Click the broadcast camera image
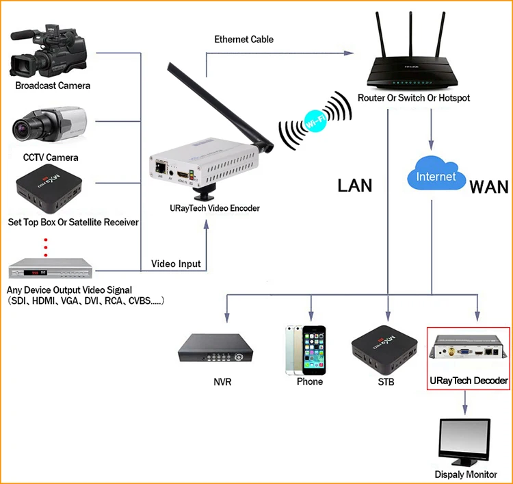point(49,51)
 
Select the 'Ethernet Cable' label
point(244,39)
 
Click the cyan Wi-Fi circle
point(315,121)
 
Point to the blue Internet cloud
point(436,174)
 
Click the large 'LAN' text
point(355,186)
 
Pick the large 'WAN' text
point(489,188)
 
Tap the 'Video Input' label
point(176,264)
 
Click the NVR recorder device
point(215,348)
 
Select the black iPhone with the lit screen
point(314,350)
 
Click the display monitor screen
point(465,439)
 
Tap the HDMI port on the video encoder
point(183,174)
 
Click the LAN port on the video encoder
point(160,168)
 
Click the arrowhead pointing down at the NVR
point(227,317)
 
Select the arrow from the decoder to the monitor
point(465,403)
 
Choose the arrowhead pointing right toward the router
point(348,53)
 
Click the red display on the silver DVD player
point(35,272)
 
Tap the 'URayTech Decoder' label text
point(469,381)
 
